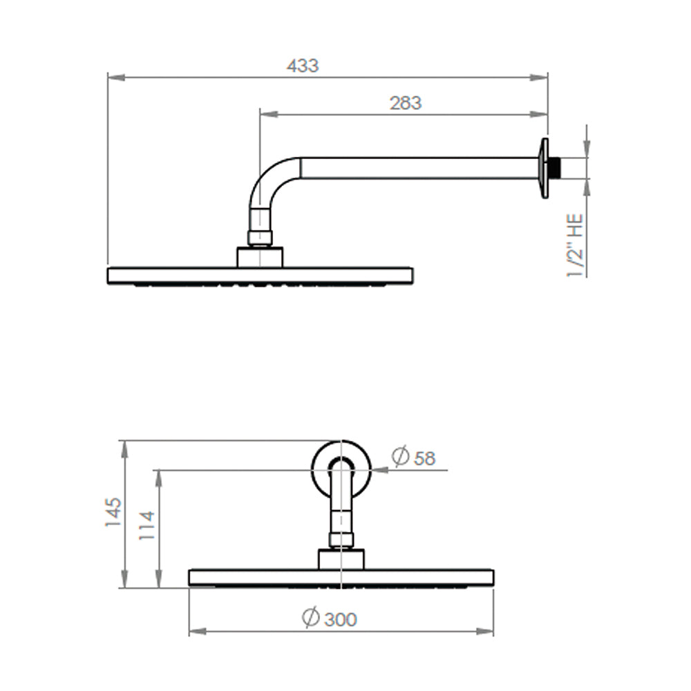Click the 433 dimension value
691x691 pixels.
tap(303, 66)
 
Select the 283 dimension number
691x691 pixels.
tap(406, 103)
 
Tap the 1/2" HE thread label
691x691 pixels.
tap(575, 245)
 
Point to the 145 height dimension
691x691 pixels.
tap(113, 511)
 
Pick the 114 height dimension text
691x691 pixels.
tap(146, 525)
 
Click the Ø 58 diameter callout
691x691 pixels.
tap(413, 457)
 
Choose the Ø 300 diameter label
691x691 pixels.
tap(330, 618)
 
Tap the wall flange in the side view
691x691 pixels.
tap(545, 168)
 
